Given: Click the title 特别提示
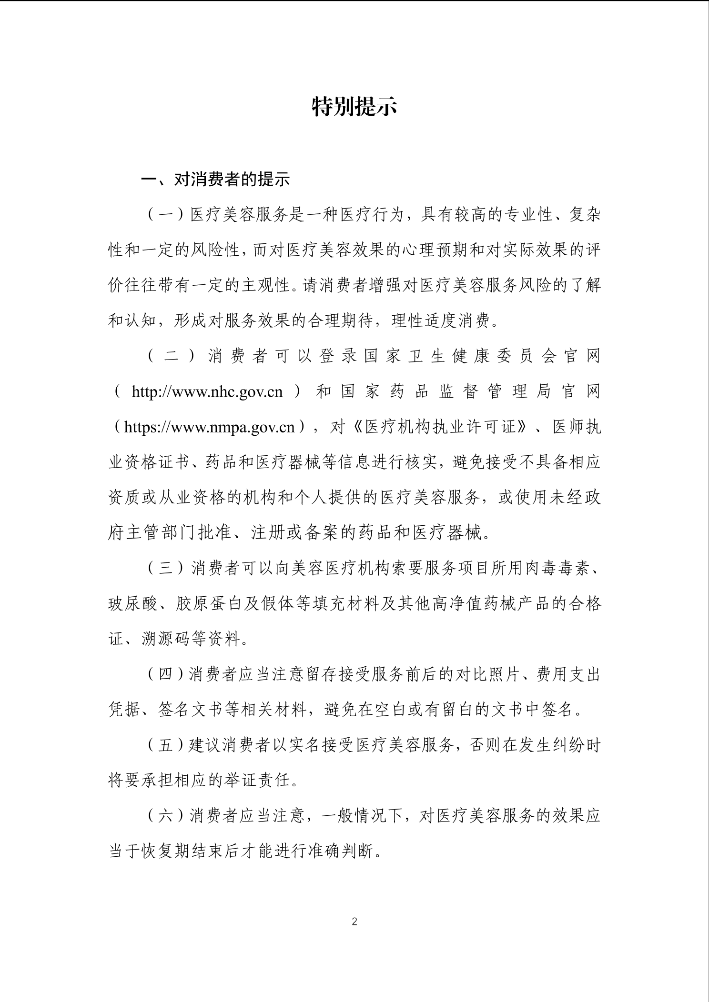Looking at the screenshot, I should pyautogui.click(x=354, y=106).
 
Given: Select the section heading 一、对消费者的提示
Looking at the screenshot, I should pyautogui.click(x=215, y=180).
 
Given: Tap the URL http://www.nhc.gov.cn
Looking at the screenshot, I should pyautogui.click(x=207, y=391).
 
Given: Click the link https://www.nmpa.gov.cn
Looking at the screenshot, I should pyautogui.click(x=209, y=427).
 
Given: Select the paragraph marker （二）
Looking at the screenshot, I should pyautogui.click(x=172, y=356).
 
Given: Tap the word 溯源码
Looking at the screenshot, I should pyautogui.click(x=165, y=639).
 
